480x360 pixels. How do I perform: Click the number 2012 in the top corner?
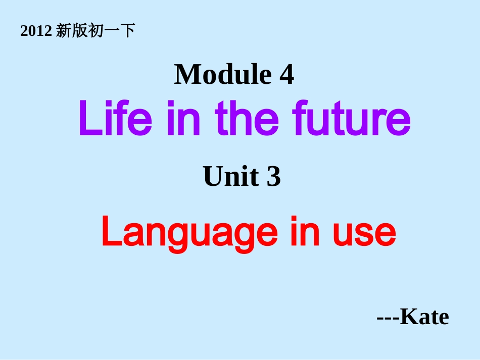(x=36, y=32)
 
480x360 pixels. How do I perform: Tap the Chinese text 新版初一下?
(x=95, y=31)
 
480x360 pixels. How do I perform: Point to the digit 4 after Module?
(x=286, y=75)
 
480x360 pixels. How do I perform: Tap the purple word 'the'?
(x=247, y=119)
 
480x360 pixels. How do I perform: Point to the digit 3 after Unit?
(x=273, y=178)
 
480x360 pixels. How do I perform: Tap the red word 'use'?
(x=364, y=233)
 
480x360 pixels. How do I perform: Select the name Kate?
(x=424, y=317)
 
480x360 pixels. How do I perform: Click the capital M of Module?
(x=186, y=75)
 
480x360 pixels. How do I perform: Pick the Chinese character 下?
(x=129, y=31)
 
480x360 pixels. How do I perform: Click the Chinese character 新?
(x=63, y=31)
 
